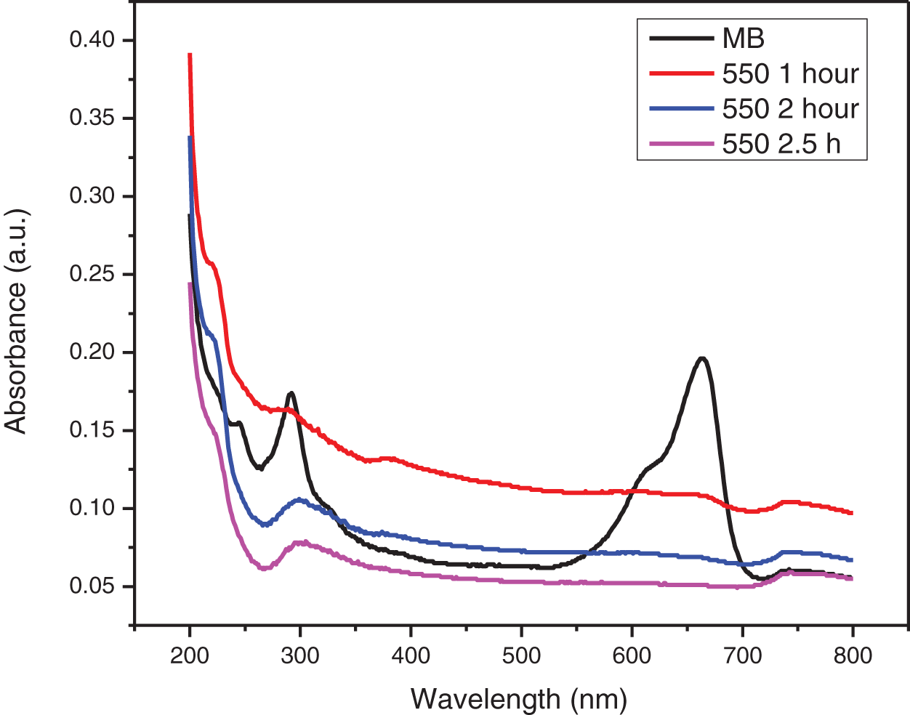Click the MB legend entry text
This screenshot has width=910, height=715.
coord(743,39)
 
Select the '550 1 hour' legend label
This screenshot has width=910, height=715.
coord(790,73)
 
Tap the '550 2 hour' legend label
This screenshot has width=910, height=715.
coord(790,108)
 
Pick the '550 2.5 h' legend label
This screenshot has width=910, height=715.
coord(781,143)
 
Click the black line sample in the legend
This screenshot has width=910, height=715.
coord(680,39)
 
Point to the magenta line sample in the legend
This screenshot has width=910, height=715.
coord(680,143)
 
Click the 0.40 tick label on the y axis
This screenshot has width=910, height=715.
coord(92,40)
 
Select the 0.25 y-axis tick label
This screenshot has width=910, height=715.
coord(92,274)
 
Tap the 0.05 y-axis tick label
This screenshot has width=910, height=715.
coord(92,586)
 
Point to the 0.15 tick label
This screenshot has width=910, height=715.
coord(92,430)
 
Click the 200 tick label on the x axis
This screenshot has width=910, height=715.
coord(190,655)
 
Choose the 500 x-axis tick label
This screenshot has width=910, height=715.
coord(521,655)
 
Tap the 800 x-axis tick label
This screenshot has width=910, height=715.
coord(853,655)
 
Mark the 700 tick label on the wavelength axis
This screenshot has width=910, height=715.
coord(742,655)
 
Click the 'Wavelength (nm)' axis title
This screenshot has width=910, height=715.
coord(518,698)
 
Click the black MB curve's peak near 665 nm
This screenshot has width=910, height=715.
coord(702,357)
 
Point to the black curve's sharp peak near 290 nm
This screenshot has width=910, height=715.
coord(291,393)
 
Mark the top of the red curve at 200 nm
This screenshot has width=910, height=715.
coord(190,54)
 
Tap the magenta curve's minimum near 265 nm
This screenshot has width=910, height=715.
coord(263,568)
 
